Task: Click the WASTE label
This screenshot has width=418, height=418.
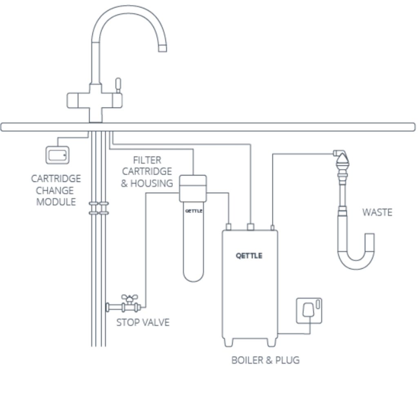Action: click(x=377, y=212)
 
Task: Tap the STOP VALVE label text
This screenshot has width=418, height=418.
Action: click(x=142, y=322)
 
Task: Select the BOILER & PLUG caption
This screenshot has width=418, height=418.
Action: click(x=265, y=360)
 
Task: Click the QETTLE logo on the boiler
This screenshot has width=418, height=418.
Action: click(x=249, y=256)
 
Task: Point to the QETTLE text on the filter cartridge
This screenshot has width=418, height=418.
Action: click(x=193, y=211)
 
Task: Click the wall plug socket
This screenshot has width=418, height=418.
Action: click(x=309, y=311)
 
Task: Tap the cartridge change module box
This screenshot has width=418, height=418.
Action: click(x=57, y=155)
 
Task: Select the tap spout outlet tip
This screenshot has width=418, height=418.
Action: click(x=162, y=48)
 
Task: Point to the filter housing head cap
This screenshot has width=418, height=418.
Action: click(x=193, y=188)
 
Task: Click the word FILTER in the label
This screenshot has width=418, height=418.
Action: click(x=147, y=160)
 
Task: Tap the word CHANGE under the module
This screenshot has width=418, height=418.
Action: click(x=55, y=190)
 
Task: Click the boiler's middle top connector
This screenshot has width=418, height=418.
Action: click(x=251, y=227)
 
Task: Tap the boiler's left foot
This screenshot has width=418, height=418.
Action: click(x=228, y=342)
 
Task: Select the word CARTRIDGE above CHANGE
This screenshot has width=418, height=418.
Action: click(x=56, y=179)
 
